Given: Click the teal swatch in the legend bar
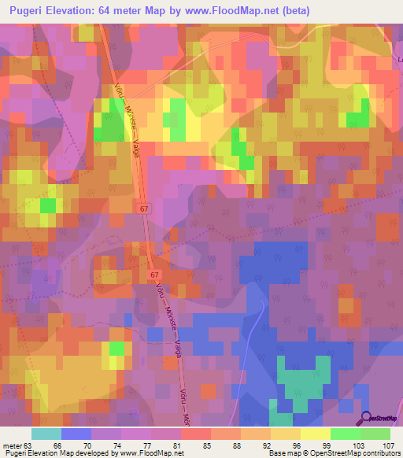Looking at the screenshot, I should pos(46,434).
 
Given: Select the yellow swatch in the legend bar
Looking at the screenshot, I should pos(315,434).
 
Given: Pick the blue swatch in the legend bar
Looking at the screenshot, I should pos(76,434).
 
